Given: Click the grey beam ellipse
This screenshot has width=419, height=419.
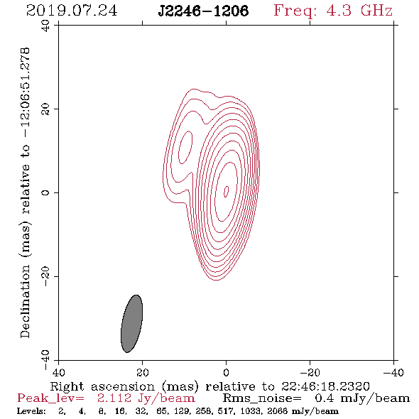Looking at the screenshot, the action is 131,324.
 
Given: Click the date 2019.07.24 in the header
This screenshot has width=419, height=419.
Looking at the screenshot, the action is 72,11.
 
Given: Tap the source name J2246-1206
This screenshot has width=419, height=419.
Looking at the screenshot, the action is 203,11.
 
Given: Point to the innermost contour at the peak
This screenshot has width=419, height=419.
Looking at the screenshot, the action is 226,192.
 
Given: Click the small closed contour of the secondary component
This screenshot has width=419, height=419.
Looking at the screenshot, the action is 185,147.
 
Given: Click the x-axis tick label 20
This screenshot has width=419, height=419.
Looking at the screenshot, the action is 142,373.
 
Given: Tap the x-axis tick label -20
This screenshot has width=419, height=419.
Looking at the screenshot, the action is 310,373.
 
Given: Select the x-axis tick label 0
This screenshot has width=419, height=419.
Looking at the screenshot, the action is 226,373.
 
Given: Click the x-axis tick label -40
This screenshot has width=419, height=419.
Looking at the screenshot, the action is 393,373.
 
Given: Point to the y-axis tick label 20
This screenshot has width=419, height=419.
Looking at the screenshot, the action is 45,109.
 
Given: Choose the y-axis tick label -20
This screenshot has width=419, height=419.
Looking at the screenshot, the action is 45,276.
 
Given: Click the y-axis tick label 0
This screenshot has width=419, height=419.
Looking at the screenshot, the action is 45,192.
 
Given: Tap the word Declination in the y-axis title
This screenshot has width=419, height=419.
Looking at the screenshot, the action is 25,301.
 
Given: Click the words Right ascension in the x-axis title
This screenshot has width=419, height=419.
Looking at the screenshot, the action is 102,386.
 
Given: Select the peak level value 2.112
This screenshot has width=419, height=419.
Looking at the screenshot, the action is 114,398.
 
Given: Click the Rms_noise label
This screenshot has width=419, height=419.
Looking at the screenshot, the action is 262,398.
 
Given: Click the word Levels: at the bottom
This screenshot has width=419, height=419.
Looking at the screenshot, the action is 31,411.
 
